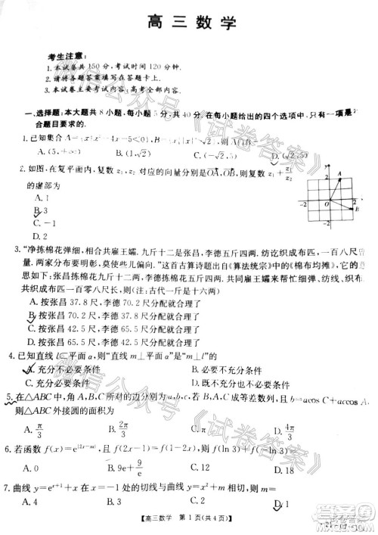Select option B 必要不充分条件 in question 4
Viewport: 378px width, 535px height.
tap(227, 369)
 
